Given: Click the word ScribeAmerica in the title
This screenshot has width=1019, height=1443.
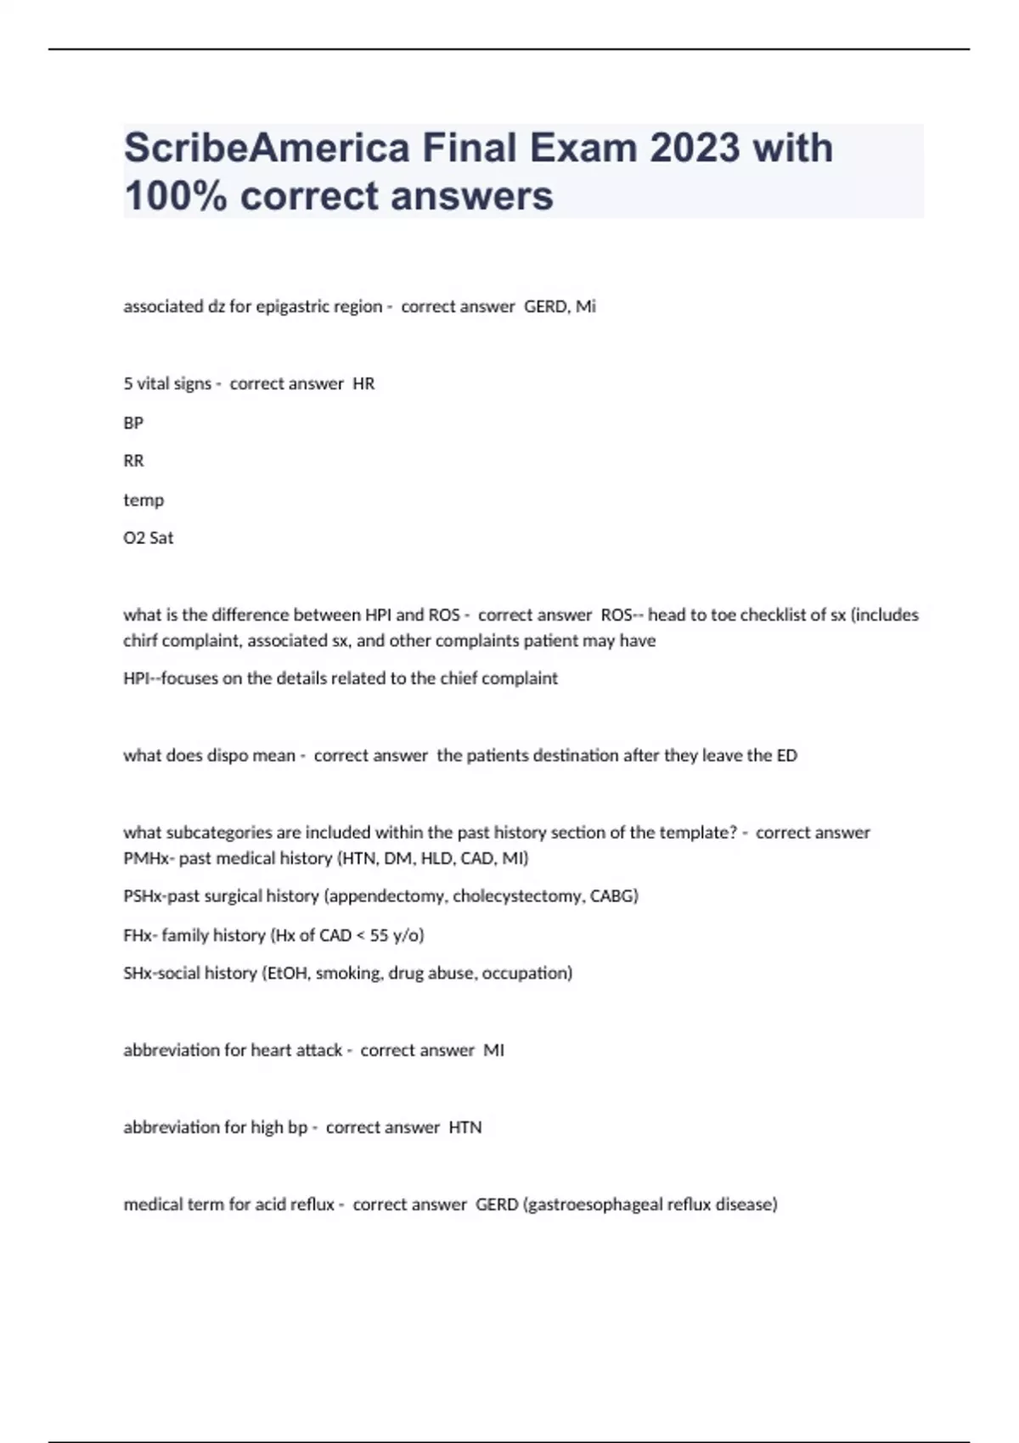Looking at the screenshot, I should [x=265, y=148].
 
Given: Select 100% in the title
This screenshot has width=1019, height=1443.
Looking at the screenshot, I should [x=175, y=196].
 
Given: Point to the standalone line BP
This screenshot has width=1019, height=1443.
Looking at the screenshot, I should [x=133, y=423].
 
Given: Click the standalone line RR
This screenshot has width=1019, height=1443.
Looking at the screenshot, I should [x=133, y=461].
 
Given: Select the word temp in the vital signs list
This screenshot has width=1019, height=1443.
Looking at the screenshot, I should [x=144, y=500].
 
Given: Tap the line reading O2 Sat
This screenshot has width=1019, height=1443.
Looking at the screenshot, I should [x=149, y=538].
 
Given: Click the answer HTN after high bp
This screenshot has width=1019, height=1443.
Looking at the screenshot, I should [x=464, y=1128].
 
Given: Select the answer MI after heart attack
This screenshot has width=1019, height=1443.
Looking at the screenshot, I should [x=493, y=1051].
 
